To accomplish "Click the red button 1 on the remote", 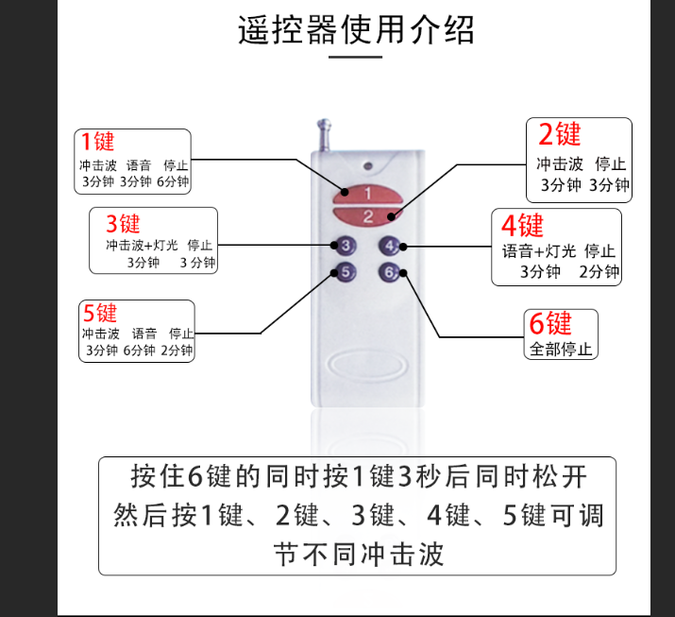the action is (367, 195).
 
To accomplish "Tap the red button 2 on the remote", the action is (367, 215).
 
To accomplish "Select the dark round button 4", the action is (389, 246).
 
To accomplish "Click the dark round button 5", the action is (346, 272).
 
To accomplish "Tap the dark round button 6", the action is (389, 272).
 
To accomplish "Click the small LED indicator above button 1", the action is (367, 166).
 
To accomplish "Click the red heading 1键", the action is (98, 142).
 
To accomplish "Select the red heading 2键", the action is (559, 133).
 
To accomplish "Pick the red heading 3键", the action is (123, 224).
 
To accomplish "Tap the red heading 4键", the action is (522, 225).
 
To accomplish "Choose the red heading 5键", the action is (100, 313).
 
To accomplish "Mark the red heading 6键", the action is (550, 323).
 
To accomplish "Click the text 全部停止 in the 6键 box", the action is (561, 349).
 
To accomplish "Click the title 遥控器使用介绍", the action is (356, 29).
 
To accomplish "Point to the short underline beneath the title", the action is (356, 57).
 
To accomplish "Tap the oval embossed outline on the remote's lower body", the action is (366, 366).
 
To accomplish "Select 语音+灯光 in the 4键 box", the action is (539, 250).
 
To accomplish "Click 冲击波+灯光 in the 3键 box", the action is (142, 245).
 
